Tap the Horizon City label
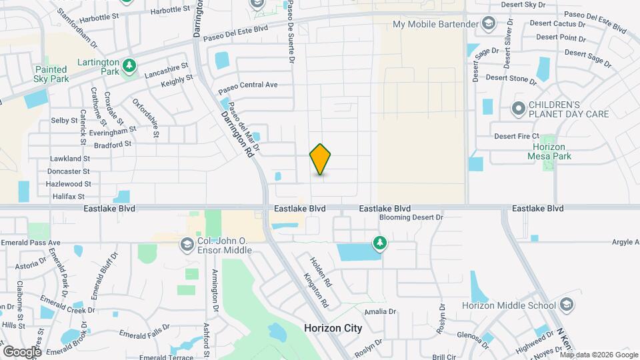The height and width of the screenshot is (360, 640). [333, 328]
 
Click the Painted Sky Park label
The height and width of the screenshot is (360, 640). [51, 74]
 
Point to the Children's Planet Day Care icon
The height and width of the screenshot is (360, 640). [518, 108]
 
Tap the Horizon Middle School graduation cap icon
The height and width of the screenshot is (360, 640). [566, 306]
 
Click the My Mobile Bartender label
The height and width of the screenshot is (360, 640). [435, 25]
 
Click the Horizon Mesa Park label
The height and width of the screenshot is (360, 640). [549, 152]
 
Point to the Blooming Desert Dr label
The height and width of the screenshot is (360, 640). [411, 217]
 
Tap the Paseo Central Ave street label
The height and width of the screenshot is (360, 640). [247, 85]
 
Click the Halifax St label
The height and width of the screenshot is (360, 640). [69, 197]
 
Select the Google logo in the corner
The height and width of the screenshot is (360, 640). [22, 351]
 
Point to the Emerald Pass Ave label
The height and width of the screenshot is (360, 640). [31, 243]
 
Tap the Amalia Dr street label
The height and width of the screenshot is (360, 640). [380, 311]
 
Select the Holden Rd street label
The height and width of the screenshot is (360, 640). [321, 271]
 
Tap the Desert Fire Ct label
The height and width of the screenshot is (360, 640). [516, 137]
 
